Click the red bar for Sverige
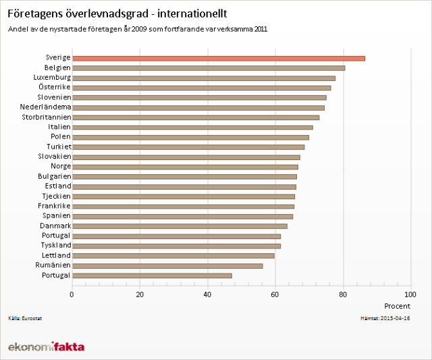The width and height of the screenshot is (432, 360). (218, 58)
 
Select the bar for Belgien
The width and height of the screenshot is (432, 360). (208, 68)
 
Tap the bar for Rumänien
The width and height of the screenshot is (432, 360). (167, 265)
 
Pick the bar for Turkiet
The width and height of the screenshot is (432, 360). (188, 147)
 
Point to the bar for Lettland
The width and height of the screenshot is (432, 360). (173, 255)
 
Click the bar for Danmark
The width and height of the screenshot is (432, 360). (179, 226)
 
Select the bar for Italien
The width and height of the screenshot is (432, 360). (192, 127)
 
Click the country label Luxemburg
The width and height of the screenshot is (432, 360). (51, 78)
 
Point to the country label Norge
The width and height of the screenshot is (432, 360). (60, 166)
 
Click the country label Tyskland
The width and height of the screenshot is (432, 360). (53, 245)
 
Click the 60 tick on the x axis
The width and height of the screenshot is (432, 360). (275, 294)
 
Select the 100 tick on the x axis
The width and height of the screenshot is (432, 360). (410, 294)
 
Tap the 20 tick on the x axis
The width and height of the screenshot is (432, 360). (140, 294)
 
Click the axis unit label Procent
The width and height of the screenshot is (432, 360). (397, 306)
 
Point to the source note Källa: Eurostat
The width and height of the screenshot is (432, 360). (23, 317)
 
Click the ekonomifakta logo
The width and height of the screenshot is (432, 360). (46, 346)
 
